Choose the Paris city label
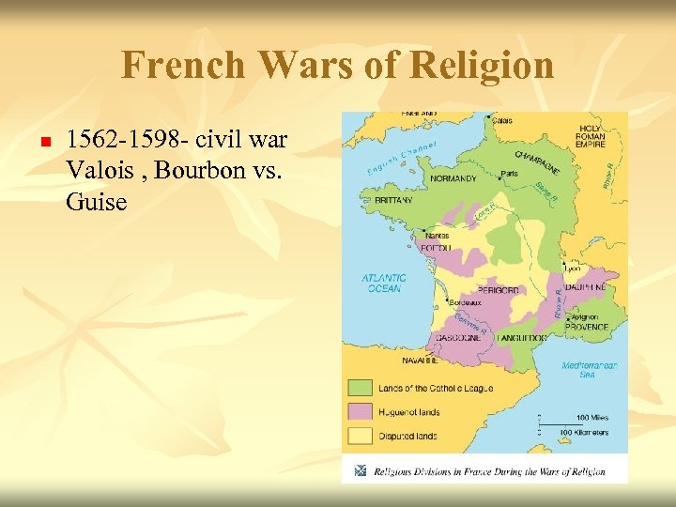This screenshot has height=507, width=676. pyautogui.click(x=510, y=174)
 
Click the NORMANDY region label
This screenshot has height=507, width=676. pyautogui.click(x=453, y=178)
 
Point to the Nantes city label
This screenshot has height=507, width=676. pyautogui.click(x=439, y=233)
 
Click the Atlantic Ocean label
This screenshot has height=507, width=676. pyautogui.click(x=384, y=283)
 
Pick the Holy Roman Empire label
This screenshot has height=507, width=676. pyautogui.click(x=590, y=138)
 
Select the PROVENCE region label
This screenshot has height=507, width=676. pyautogui.click(x=586, y=328)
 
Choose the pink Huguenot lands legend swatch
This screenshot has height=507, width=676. pyautogui.click(x=361, y=411)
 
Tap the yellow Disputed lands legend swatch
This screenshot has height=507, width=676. pyautogui.click(x=361, y=436)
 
